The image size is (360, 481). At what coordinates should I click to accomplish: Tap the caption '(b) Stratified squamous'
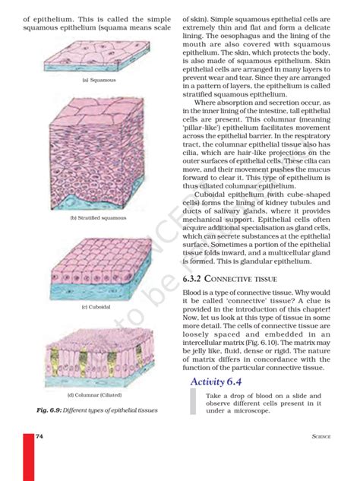99,218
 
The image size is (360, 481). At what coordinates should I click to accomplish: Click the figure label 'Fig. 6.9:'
50,410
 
